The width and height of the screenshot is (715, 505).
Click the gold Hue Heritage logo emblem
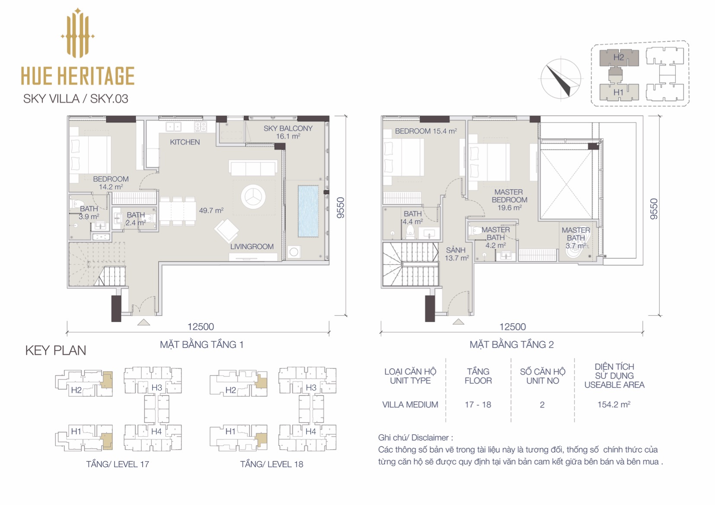click(77, 33)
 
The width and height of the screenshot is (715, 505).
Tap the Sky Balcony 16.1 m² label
click(288, 132)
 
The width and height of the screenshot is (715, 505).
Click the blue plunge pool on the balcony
click(308, 211)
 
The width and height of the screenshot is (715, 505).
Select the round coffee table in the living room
click(253, 197)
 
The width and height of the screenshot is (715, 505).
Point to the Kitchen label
click(185, 142)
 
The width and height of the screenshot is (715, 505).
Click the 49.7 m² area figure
click(211, 210)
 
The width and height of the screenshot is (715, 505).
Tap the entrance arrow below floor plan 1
click(144, 322)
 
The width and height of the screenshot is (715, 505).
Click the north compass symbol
click(561, 79)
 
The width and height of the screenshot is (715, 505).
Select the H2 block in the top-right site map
click(619, 58)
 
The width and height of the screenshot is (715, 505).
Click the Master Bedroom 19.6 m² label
click(509, 200)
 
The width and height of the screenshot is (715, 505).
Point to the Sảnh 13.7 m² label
click(457, 254)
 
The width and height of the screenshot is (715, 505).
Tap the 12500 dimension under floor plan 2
click(512, 327)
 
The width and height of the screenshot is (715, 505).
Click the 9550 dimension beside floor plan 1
click(341, 208)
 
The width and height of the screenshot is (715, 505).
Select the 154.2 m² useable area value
click(614, 404)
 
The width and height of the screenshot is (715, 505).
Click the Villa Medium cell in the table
click(410, 404)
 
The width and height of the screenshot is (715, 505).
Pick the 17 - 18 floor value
click(478, 404)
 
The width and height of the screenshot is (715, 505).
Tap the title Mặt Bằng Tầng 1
click(202, 345)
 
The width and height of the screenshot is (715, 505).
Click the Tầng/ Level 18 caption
click(271, 464)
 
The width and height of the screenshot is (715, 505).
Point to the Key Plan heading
click(56, 351)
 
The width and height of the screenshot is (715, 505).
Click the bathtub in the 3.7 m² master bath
click(578, 249)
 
